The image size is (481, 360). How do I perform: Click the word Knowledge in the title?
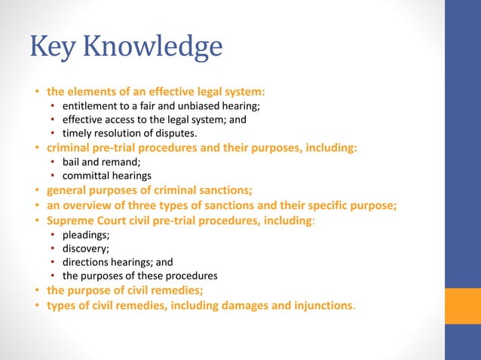coord(153,47)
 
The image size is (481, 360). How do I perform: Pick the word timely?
coord(78,133)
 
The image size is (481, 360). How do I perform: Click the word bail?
coord(72,161)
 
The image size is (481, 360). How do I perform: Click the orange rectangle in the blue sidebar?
coord(463,306)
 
